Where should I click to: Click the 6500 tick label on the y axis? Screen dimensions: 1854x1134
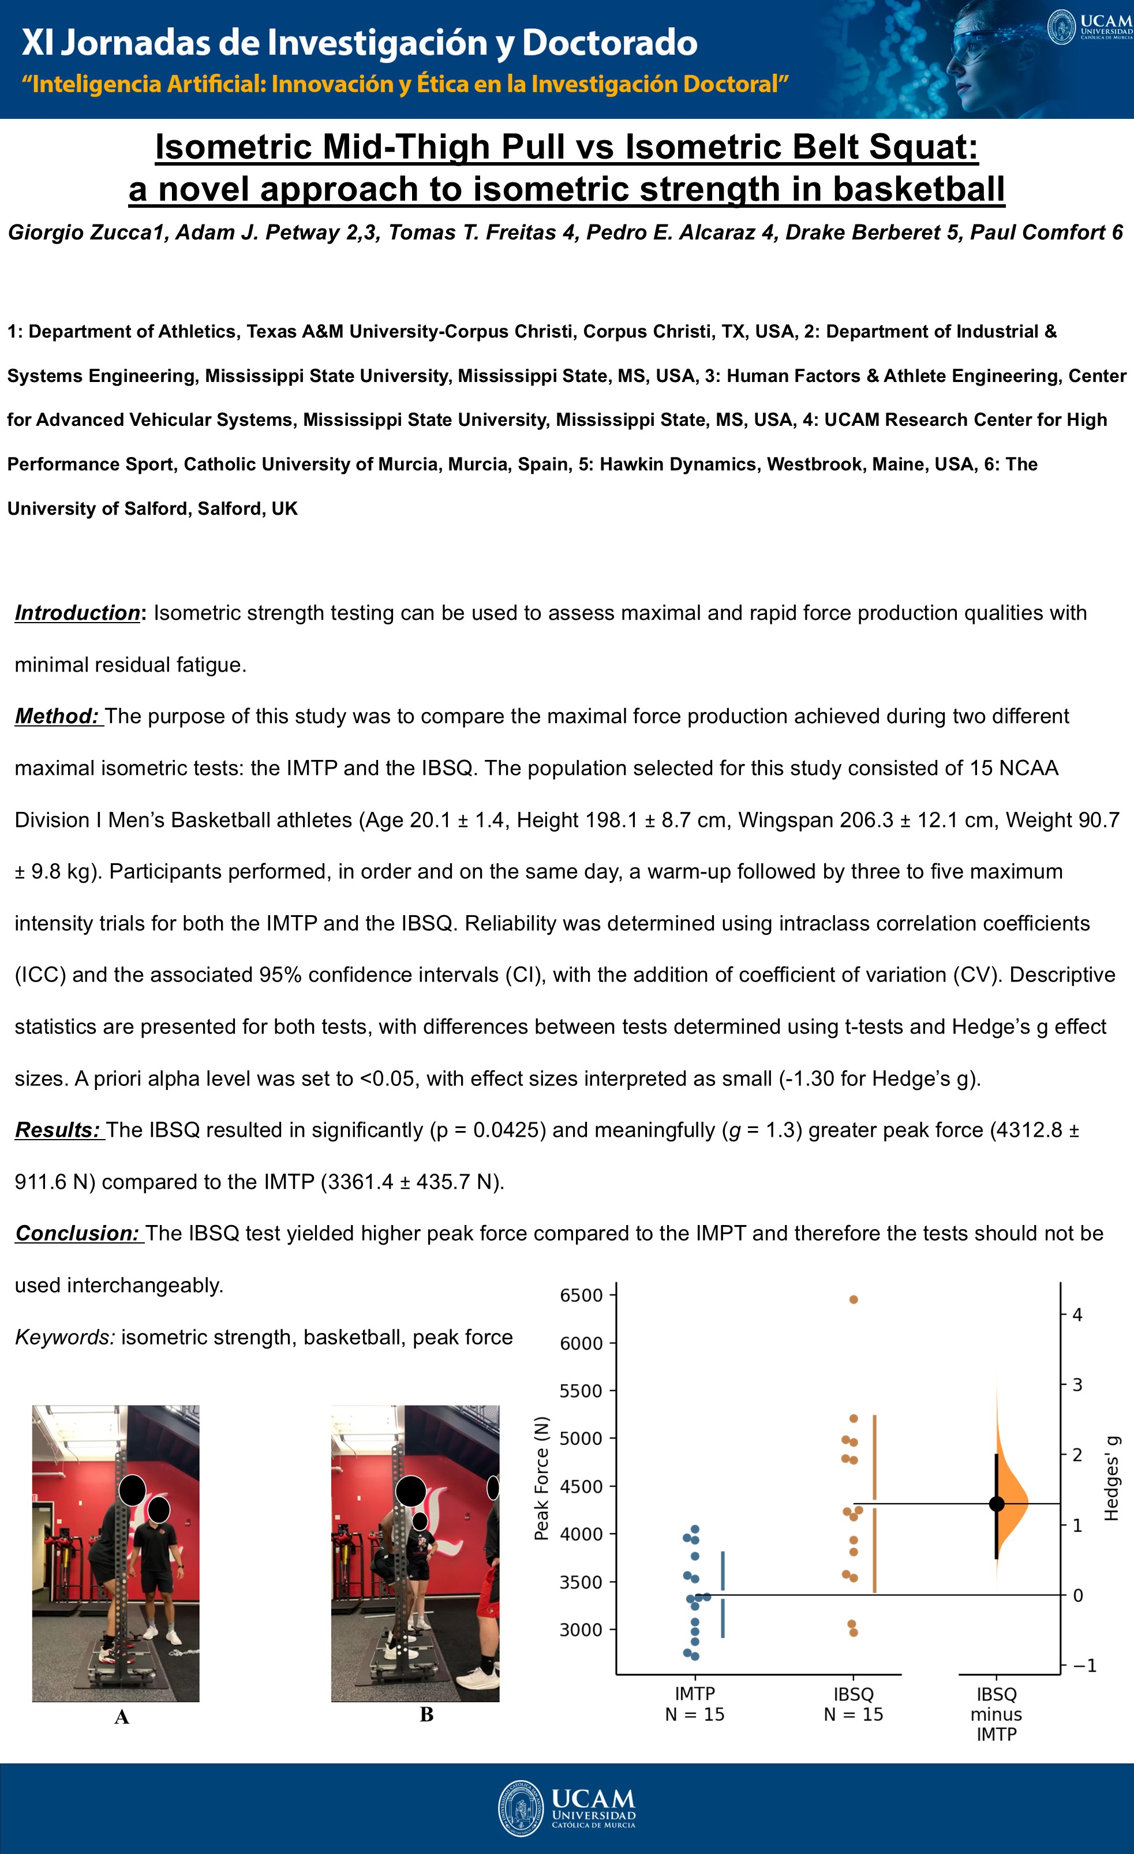click(581, 1295)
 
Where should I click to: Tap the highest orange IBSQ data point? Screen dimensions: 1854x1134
click(854, 1299)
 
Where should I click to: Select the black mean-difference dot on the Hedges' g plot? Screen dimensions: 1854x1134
click(996, 1503)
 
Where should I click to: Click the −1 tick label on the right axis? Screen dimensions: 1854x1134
click(1084, 1665)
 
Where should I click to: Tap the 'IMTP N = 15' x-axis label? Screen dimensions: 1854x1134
click(695, 1705)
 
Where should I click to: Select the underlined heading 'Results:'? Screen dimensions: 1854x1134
click(57, 1130)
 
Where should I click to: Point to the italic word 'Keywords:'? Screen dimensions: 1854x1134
click(65, 1337)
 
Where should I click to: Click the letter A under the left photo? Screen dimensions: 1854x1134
click(121, 1717)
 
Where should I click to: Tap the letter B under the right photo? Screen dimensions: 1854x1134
click(426, 1715)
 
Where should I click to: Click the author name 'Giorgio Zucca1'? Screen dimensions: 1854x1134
click(86, 233)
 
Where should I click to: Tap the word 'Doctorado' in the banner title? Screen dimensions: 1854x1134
click(609, 43)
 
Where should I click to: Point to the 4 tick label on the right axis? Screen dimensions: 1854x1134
click(1077, 1314)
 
